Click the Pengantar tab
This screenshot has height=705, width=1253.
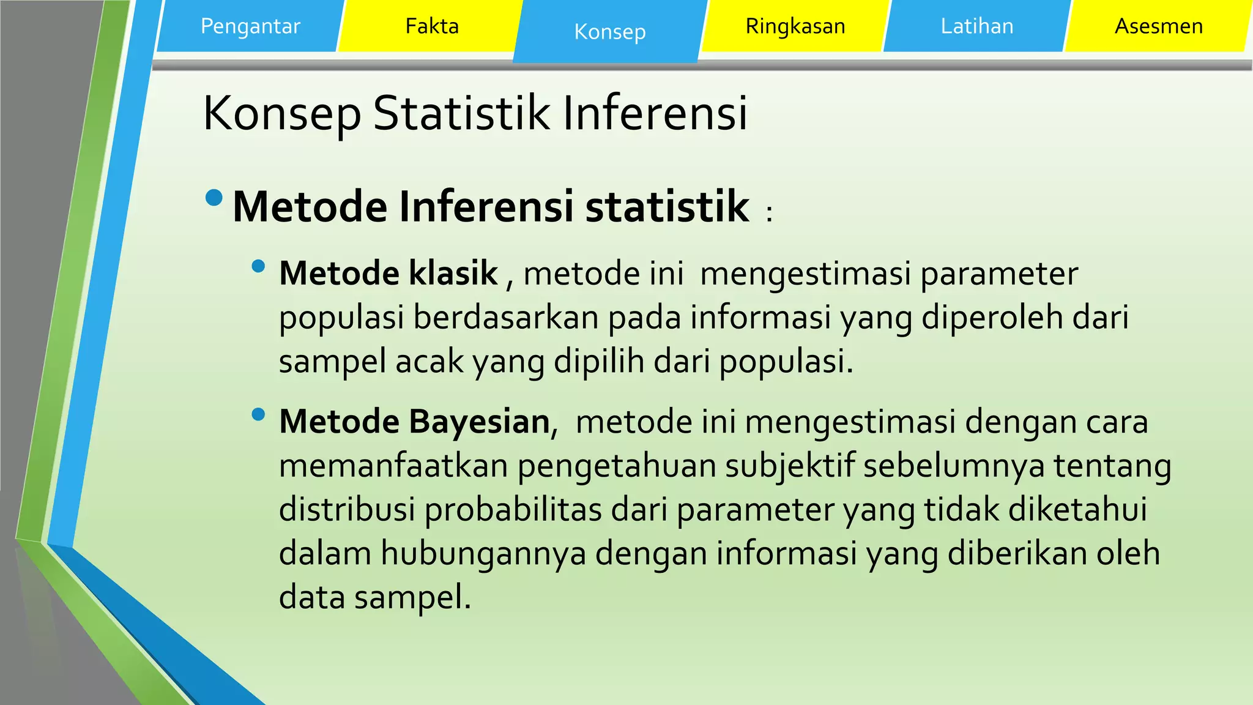250,26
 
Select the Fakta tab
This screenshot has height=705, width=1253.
432,26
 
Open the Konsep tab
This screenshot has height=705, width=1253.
609,32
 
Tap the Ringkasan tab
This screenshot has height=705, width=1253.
795,26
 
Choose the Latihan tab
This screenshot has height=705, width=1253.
976,26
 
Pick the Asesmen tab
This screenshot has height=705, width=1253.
1158,26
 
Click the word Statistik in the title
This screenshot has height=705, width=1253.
461,113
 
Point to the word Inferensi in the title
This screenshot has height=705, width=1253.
655,113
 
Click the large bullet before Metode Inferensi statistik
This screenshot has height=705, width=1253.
214,198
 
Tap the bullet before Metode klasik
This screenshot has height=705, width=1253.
258,266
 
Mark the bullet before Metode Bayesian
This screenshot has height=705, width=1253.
258,415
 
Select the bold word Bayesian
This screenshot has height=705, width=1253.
479,422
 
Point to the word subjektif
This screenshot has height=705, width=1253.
790,466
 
